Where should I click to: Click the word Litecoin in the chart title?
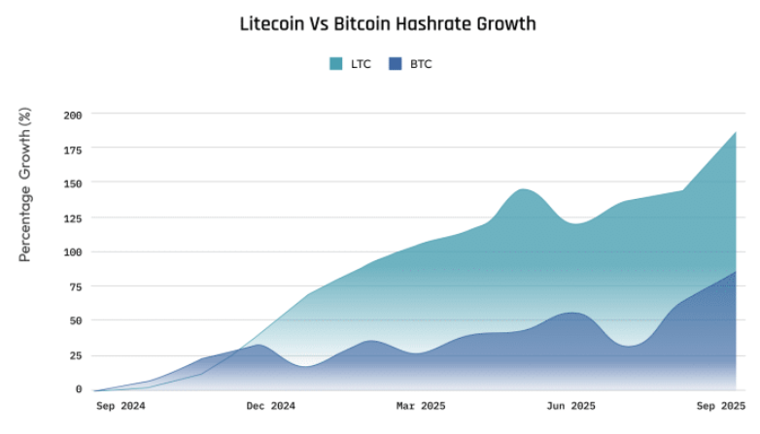click(x=273, y=24)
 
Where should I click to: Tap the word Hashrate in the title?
click(x=440, y=24)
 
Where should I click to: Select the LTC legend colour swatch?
click(x=336, y=64)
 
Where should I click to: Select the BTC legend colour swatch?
click(x=395, y=64)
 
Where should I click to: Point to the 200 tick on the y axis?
click(x=73, y=115)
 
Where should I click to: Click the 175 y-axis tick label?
click(x=73, y=149)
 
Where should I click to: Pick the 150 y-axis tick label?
click(x=73, y=183)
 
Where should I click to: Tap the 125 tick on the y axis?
click(x=73, y=217)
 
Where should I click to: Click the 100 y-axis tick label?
click(x=73, y=251)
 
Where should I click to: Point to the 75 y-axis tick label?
click(x=76, y=286)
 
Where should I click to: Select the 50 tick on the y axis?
click(x=76, y=320)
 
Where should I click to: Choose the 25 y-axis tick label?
click(x=76, y=355)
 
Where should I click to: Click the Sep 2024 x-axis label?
click(x=121, y=406)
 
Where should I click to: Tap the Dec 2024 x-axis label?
click(x=270, y=406)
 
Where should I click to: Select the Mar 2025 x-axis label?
click(x=421, y=406)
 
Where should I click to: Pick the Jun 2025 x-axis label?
click(x=570, y=406)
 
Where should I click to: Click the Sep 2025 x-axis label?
click(x=720, y=406)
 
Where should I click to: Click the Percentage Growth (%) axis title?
click(x=26, y=185)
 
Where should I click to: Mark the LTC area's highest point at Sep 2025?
click(x=735, y=132)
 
